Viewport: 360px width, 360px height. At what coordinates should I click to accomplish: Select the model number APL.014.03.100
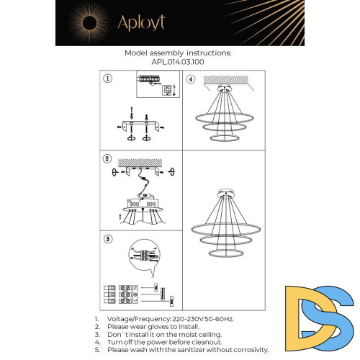(178, 62)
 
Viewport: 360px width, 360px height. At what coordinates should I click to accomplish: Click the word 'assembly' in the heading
(174, 53)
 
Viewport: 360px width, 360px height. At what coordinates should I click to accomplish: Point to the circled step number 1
(107, 79)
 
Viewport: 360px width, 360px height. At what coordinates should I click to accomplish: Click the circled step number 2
(107, 158)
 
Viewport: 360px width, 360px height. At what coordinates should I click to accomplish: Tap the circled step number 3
(107, 238)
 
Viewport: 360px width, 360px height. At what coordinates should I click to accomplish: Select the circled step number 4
(191, 79)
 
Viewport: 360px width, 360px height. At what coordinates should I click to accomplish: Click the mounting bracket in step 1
(143, 125)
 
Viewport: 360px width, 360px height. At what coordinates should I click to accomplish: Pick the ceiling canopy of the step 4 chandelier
(223, 91)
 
